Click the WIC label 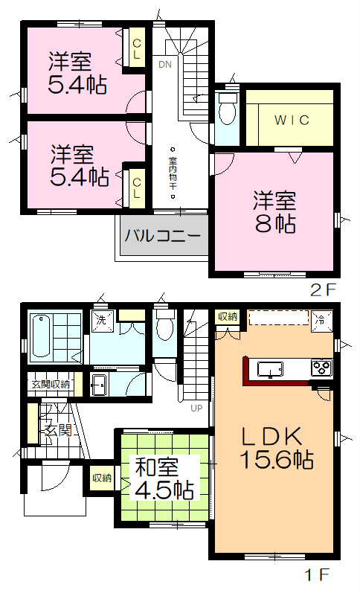pyautogui.click(x=289, y=120)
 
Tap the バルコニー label pyautogui.click(x=162, y=237)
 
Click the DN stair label pyautogui.click(x=164, y=64)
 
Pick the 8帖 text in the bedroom pyautogui.click(x=274, y=222)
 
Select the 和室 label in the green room pyautogui.click(x=155, y=469)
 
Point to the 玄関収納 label pyautogui.click(x=51, y=384)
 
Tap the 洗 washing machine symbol pyautogui.click(x=102, y=320)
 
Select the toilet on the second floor pyautogui.click(x=227, y=113)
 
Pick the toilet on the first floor pyautogui.click(x=165, y=325)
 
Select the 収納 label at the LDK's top pyautogui.click(x=226, y=317)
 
